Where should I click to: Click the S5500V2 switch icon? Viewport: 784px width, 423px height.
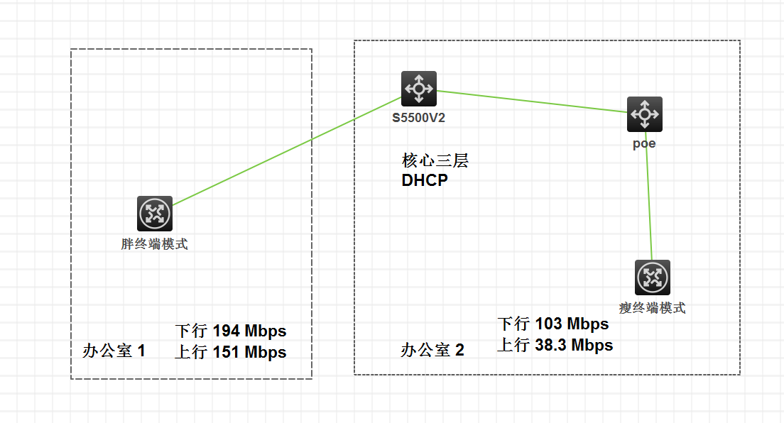pyautogui.click(x=418, y=89)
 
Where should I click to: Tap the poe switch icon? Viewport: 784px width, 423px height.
pyautogui.click(x=644, y=114)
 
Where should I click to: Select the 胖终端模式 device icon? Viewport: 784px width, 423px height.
pyautogui.click(x=155, y=214)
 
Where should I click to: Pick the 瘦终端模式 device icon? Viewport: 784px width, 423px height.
pyautogui.click(x=652, y=277)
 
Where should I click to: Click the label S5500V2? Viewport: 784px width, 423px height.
pyautogui.click(x=419, y=118)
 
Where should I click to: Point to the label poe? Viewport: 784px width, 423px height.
pyautogui.click(x=644, y=143)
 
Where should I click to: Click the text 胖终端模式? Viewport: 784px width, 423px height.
pyautogui.click(x=155, y=244)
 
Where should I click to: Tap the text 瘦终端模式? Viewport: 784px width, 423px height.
pyautogui.click(x=653, y=308)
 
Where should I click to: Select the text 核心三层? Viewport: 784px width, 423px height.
pyautogui.click(x=435, y=161)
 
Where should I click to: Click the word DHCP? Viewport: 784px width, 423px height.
pyautogui.click(x=425, y=180)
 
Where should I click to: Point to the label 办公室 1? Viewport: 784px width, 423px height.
pyautogui.click(x=114, y=351)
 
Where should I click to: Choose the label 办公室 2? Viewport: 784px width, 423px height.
pyautogui.click(x=432, y=350)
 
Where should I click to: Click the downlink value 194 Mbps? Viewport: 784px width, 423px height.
pyautogui.click(x=249, y=331)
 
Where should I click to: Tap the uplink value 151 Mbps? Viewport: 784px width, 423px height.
pyautogui.click(x=249, y=352)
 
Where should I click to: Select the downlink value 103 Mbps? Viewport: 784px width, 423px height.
pyautogui.click(x=572, y=324)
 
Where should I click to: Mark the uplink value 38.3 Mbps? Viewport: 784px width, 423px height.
pyautogui.click(x=575, y=346)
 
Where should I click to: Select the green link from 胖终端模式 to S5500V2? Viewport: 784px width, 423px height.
pyautogui.click(x=284, y=151)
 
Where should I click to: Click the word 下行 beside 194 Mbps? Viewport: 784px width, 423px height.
pyautogui.click(x=191, y=331)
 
